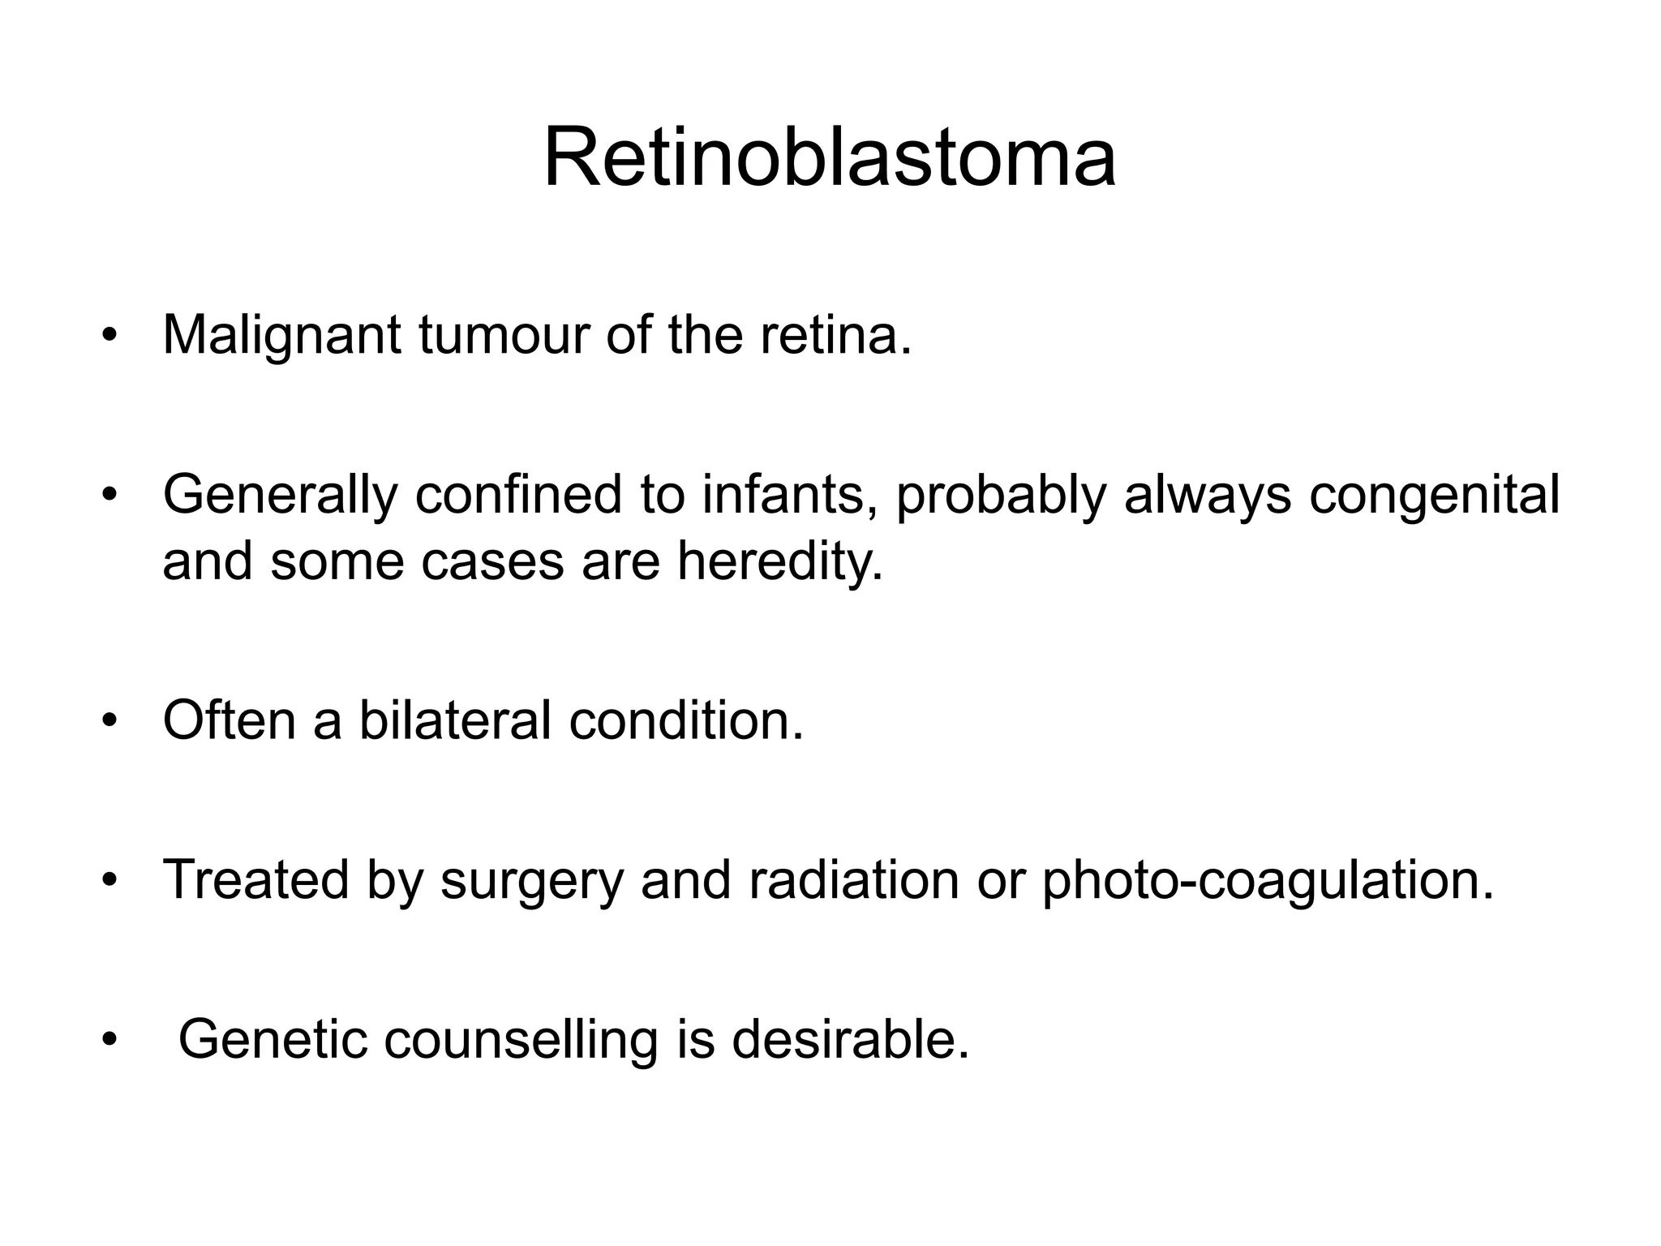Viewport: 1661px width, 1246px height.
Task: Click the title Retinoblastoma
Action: [x=829, y=157]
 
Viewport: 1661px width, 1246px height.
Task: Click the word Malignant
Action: [x=281, y=335]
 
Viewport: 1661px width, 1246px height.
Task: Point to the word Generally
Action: [x=281, y=495]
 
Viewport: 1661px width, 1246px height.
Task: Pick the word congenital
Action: [x=1434, y=495]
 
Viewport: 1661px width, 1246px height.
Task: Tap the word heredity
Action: [x=779, y=560]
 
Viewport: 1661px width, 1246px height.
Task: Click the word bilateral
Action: [x=455, y=720]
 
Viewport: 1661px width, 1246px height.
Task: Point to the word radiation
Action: [x=853, y=880]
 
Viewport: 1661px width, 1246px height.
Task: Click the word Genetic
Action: [x=273, y=1039]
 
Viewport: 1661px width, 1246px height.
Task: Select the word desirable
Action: [x=850, y=1039]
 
